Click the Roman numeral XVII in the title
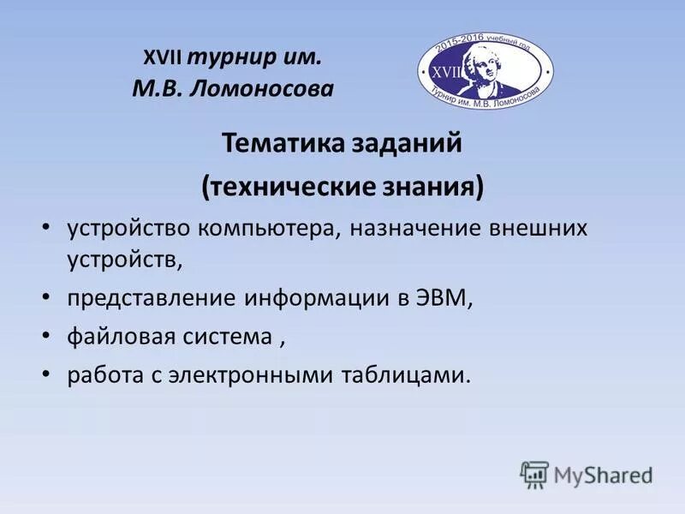[163, 59]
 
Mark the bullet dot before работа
[46, 376]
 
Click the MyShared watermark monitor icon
[534, 474]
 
